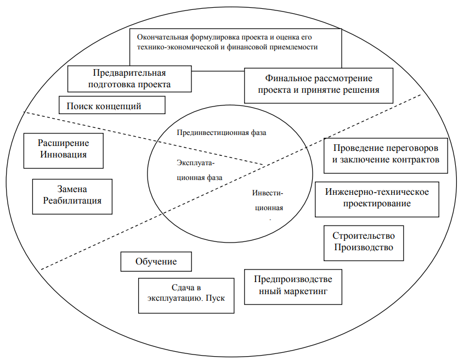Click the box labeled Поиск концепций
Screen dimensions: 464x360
[x=112, y=105]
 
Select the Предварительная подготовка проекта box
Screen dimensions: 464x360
[x=129, y=79]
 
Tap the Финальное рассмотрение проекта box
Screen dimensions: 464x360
[x=319, y=86]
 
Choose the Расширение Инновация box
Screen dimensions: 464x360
[x=63, y=151]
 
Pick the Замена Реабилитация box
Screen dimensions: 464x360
[x=72, y=196]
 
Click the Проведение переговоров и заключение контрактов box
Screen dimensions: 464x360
[x=386, y=155]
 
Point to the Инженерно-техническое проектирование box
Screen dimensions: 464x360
[x=377, y=199]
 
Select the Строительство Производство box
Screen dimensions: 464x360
[x=364, y=243]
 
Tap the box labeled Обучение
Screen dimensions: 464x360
[x=156, y=261]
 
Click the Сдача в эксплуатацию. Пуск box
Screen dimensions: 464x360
[x=186, y=295]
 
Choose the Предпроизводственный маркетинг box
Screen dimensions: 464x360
[x=293, y=287]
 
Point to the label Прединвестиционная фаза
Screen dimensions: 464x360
[x=222, y=133]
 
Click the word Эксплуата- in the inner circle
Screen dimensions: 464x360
[x=196, y=163]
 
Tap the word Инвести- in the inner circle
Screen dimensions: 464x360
[x=268, y=193]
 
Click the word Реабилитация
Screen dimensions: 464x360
[x=72, y=201]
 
